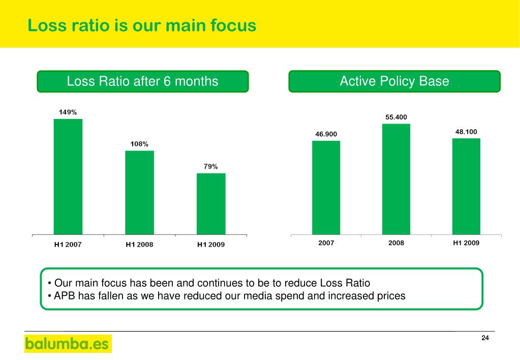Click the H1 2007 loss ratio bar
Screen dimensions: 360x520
pyautogui.click(x=68, y=176)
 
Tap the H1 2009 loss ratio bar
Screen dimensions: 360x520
pyautogui.click(x=211, y=203)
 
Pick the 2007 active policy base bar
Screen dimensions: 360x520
pyautogui.click(x=326, y=188)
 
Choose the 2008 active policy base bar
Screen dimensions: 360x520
pyautogui.click(x=396, y=179)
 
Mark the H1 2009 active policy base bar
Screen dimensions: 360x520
pyautogui.click(x=466, y=186)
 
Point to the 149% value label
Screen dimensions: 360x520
pyautogui.click(x=68, y=112)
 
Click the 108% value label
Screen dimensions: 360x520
pyautogui.click(x=139, y=144)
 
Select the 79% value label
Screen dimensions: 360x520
pyautogui.click(x=211, y=166)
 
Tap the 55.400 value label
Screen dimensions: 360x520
pyautogui.click(x=396, y=117)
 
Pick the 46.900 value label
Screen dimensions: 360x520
pyautogui.click(x=326, y=134)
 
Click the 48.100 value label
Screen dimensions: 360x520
pyautogui.click(x=466, y=132)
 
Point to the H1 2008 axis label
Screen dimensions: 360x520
pyautogui.click(x=139, y=245)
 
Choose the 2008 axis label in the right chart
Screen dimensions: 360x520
pyautogui.click(x=396, y=243)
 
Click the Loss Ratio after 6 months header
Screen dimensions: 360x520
pyautogui.click(x=143, y=81)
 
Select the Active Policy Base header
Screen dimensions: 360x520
pyautogui.click(x=394, y=81)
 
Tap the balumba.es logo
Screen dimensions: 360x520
pyautogui.click(x=68, y=344)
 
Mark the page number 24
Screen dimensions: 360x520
pyautogui.click(x=485, y=339)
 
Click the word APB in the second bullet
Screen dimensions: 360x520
pyautogui.click(x=65, y=296)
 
